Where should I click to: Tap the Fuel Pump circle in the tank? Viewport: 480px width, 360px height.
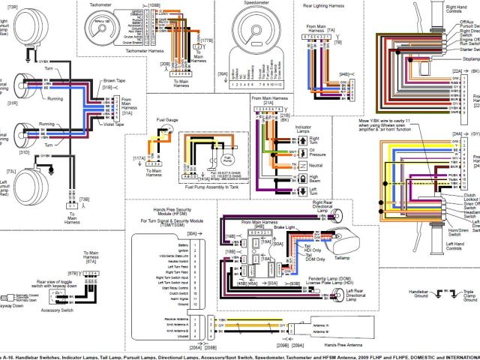[227, 160]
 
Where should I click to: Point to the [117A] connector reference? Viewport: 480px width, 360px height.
[139, 158]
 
